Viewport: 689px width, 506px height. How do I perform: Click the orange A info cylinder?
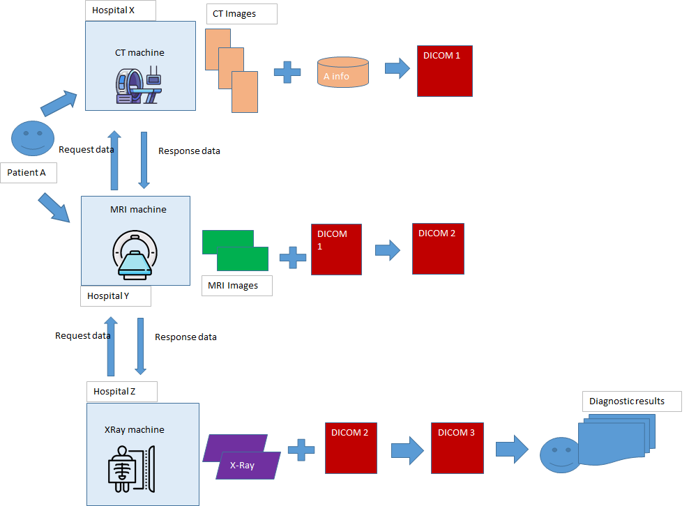[342, 72]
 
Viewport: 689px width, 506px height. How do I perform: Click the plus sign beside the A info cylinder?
[287, 72]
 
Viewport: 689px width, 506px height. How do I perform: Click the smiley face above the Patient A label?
[33, 138]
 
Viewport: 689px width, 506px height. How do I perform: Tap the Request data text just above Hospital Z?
[83, 336]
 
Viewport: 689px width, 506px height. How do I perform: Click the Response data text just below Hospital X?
[189, 151]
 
